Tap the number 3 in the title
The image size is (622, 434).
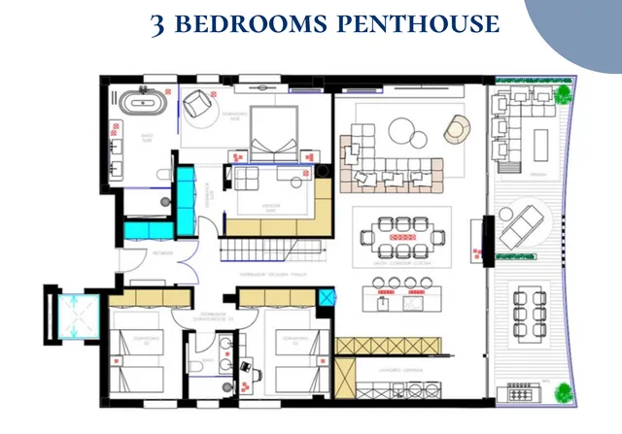coord(158,24)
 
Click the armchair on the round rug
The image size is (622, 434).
coord(198,104)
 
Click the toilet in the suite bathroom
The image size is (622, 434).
coord(162,174)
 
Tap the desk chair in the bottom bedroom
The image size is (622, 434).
coord(245,368)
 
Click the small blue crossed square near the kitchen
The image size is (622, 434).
coord(327,297)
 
